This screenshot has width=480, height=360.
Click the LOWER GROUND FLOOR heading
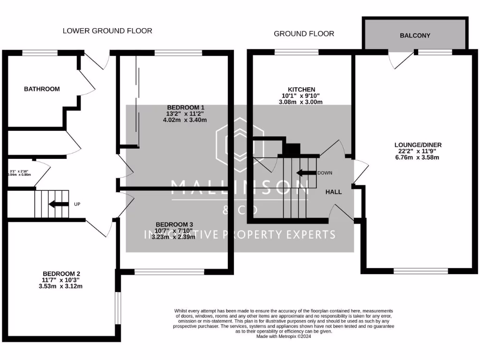107,31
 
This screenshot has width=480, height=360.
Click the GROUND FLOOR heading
304,34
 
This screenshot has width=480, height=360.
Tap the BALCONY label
415,36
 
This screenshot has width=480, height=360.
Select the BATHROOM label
42,89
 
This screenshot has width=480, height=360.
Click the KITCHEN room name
301,90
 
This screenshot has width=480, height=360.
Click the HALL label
334,192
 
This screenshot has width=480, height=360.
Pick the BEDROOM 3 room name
174,224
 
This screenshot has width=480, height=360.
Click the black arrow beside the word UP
58,204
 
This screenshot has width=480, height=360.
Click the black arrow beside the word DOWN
306,172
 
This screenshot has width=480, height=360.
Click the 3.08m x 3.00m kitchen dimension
301,102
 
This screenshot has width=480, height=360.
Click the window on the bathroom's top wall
40,52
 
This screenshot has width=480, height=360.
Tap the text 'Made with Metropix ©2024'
284,336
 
